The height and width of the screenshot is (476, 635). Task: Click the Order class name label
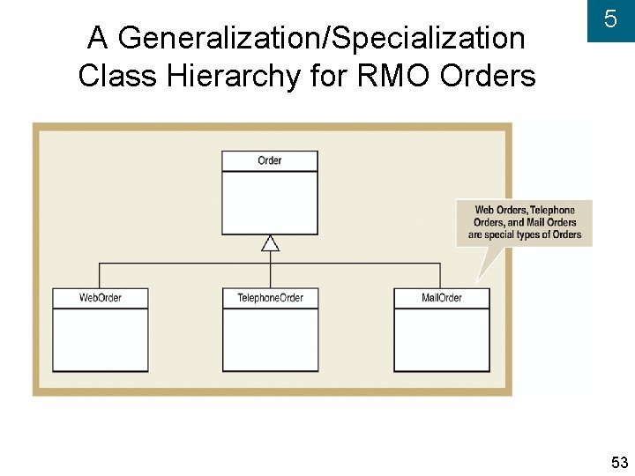click(x=269, y=160)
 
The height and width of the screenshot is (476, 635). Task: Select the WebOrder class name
click(x=100, y=298)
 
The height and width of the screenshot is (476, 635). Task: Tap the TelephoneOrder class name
click(x=270, y=298)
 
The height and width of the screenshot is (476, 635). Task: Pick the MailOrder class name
click(x=441, y=298)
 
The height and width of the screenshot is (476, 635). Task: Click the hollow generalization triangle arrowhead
click(x=270, y=242)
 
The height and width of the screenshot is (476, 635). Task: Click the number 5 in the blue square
click(x=609, y=20)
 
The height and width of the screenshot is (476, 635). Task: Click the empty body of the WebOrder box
click(x=100, y=339)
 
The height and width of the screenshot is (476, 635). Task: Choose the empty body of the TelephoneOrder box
click(x=270, y=339)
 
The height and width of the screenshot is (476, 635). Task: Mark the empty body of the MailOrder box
click(x=441, y=339)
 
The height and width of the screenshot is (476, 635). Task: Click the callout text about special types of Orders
click(x=524, y=222)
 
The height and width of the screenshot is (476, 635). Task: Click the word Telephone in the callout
click(x=552, y=210)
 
